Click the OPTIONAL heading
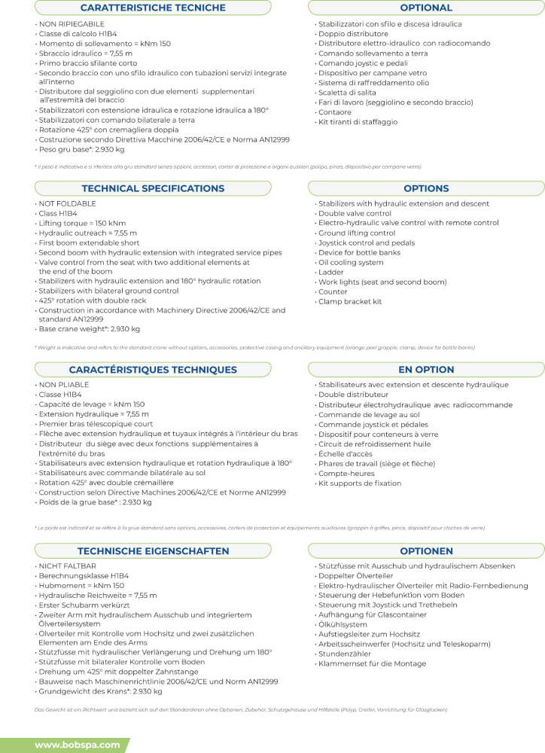tap(426, 8)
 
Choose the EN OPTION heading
tap(426, 370)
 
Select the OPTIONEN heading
tap(426, 551)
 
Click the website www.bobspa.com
tap(78, 745)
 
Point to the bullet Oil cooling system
tap(351, 263)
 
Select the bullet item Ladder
tap(332, 273)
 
